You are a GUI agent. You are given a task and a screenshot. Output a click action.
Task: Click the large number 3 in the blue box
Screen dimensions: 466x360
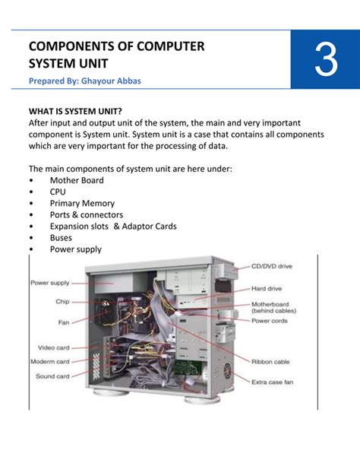tap(325, 62)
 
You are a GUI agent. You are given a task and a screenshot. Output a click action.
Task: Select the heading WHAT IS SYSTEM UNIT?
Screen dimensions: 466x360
tap(75, 110)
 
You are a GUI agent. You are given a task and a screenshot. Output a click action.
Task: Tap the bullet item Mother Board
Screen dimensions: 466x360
tap(77, 180)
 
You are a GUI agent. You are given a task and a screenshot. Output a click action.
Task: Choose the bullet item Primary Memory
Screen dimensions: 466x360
tap(82, 203)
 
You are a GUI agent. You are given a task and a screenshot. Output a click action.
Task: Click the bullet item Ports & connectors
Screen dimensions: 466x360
tap(86, 214)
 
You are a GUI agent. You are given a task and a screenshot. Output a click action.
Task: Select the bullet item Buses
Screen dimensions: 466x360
tap(62, 237)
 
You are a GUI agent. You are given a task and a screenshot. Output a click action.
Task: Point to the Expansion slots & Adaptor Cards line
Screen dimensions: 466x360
tap(113, 226)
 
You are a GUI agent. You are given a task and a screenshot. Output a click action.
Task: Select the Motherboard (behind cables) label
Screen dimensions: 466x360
tap(274, 307)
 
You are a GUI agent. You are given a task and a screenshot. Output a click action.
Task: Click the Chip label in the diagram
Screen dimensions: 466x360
tap(62, 301)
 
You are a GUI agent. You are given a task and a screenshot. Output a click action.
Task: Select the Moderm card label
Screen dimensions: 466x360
tap(50, 361)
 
